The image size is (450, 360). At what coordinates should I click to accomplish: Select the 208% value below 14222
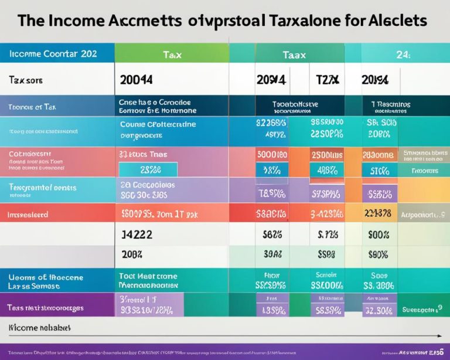pyautogui.click(x=133, y=254)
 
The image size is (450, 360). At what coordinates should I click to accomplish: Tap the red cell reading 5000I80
pyautogui.click(x=272, y=155)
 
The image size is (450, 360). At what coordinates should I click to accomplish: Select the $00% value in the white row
pyautogui.click(x=379, y=234)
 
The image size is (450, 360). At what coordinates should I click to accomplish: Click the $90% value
pyautogui.click(x=378, y=254)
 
